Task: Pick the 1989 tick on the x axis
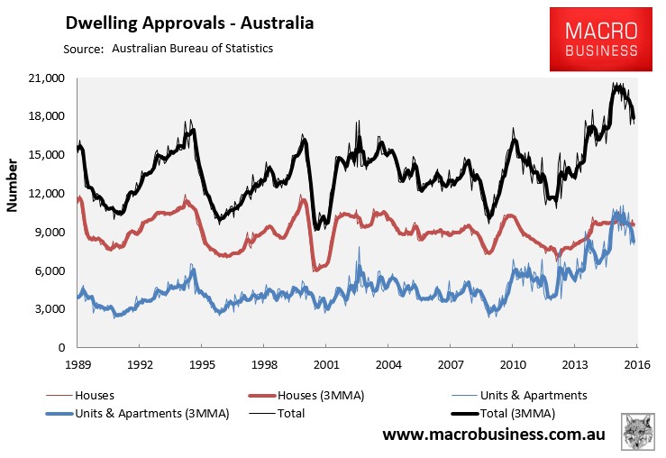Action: pos(78,365)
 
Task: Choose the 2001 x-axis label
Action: pos(325,365)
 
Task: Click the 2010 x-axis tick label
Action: pos(512,365)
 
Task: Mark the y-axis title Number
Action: pos(14,188)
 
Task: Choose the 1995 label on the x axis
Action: pos(202,365)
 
